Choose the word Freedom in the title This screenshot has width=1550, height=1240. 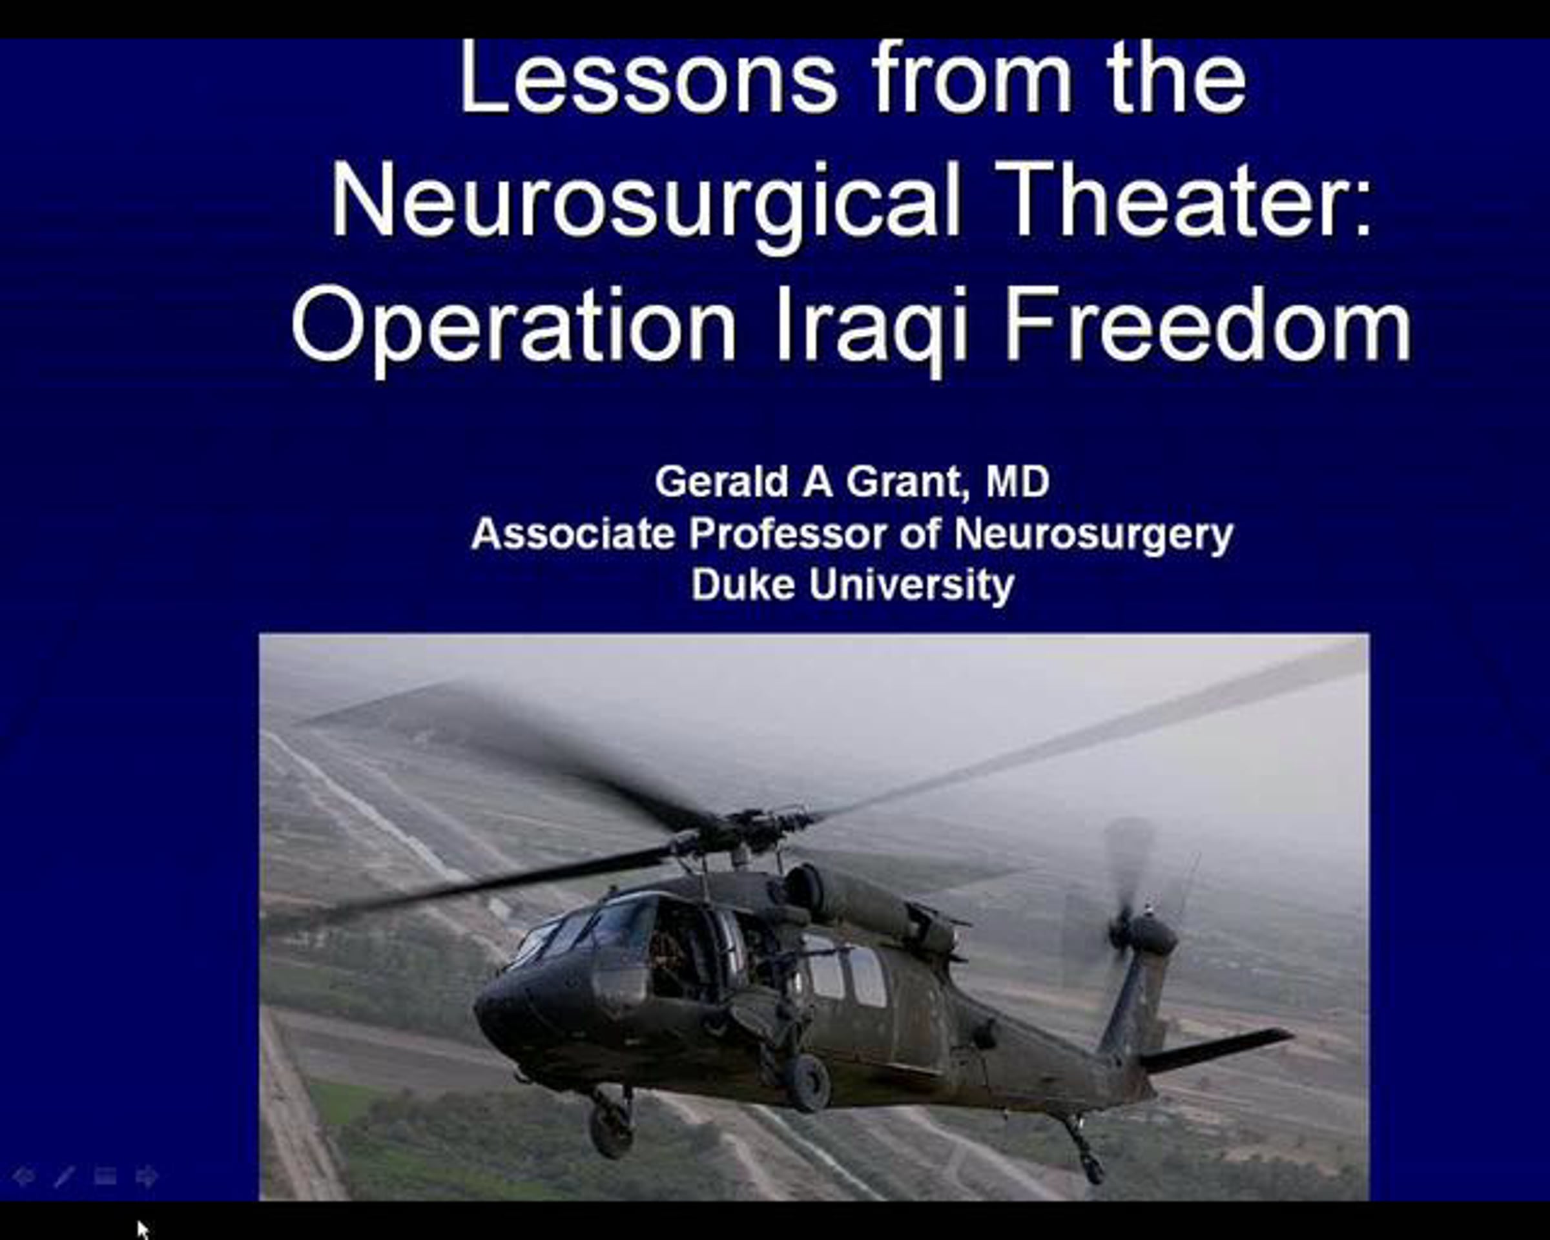(x=1208, y=324)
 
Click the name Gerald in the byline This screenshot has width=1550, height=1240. (x=722, y=481)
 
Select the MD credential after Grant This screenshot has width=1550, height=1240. (x=1017, y=481)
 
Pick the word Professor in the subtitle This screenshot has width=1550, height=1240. (x=788, y=533)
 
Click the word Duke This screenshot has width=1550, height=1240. (x=743, y=584)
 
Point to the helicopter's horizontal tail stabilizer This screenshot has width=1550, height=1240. (x=1215, y=1049)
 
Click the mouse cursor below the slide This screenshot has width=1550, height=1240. (x=142, y=1229)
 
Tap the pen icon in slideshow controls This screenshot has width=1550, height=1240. (x=64, y=1177)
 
